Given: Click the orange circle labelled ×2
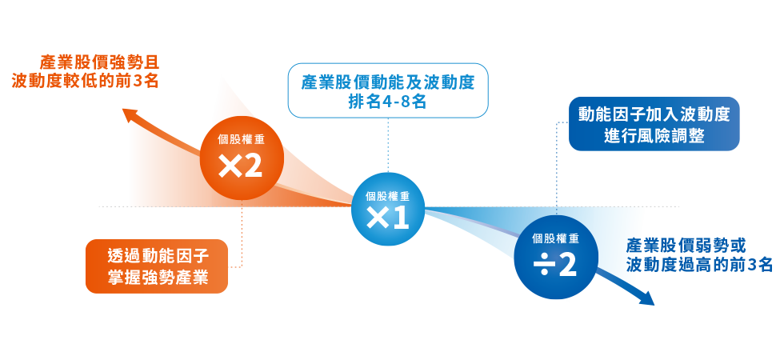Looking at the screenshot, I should (242, 156).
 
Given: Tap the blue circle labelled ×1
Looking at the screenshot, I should (387, 209).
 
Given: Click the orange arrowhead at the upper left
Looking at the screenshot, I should (131, 114).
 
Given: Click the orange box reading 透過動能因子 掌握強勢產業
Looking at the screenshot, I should (157, 266).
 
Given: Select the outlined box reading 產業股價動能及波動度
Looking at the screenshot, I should (387, 90).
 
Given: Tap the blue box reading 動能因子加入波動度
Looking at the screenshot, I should (654, 123).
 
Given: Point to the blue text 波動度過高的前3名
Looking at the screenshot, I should (699, 265).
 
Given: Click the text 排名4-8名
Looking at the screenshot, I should (387, 102).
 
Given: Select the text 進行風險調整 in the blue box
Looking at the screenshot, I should (654, 135).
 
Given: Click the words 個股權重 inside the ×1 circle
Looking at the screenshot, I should (387, 195).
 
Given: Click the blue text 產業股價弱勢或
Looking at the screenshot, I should (686, 245).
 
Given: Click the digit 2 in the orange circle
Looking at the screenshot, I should (253, 166).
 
